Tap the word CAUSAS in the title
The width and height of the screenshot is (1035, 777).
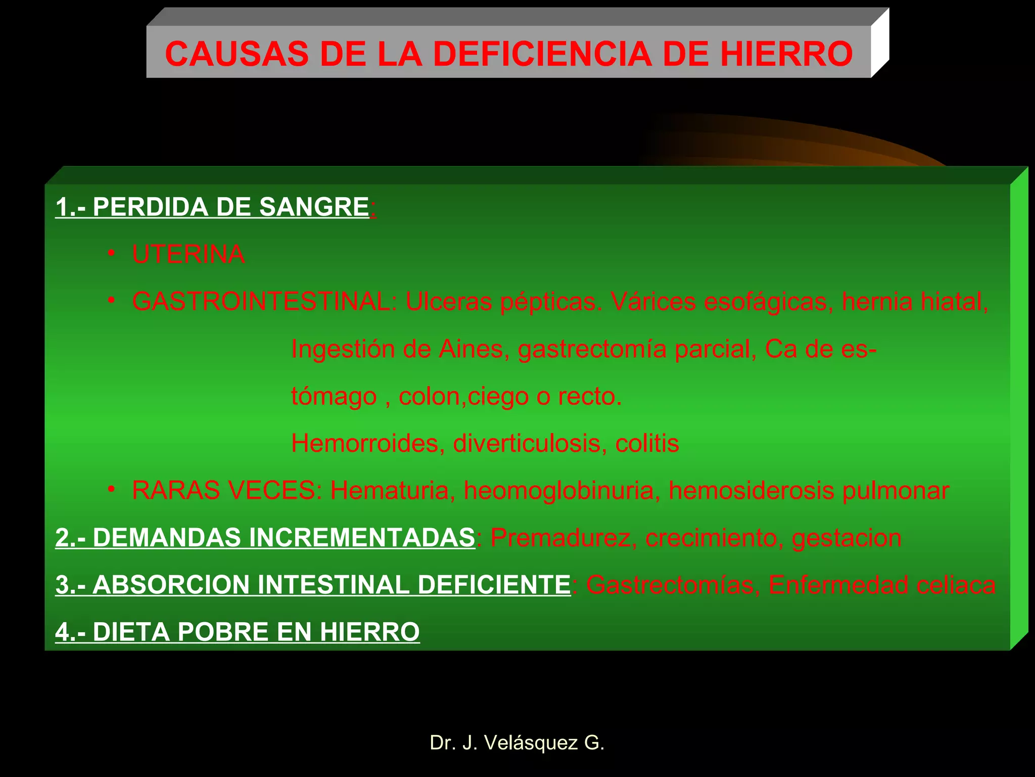click(237, 54)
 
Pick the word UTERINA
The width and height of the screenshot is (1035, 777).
click(189, 254)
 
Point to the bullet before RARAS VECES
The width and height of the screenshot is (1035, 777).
click(112, 489)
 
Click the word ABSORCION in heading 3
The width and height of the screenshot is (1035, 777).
click(171, 585)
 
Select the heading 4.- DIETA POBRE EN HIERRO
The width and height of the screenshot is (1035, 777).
click(238, 632)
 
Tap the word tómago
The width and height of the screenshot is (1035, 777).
click(334, 397)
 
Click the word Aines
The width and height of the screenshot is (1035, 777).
click(471, 349)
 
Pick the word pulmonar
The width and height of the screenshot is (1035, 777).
click(896, 491)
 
